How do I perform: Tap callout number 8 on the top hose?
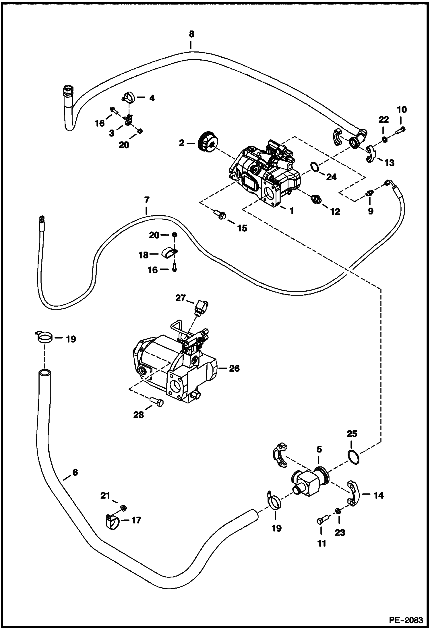point(191,34)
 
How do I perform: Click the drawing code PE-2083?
point(406,620)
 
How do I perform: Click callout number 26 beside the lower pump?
point(234,368)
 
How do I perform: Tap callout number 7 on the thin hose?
point(146,199)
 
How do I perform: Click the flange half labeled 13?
point(371,154)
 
